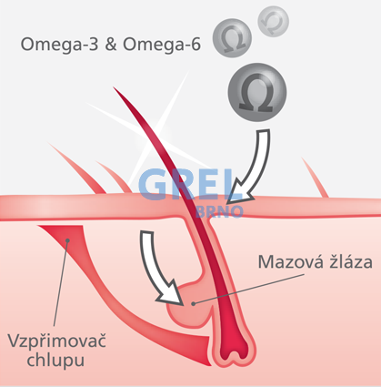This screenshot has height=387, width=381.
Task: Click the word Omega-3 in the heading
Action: point(59,45)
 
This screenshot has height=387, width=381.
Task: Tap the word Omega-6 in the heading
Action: point(162,45)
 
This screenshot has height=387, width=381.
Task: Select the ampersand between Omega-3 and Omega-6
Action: point(111,45)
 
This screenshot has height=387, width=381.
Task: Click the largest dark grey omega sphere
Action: point(257,93)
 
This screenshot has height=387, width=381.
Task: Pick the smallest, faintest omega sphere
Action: point(273,21)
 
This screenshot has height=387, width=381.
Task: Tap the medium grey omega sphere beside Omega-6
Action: point(232,38)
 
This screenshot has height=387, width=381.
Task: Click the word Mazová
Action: point(286,261)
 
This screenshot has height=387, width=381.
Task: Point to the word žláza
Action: point(346,261)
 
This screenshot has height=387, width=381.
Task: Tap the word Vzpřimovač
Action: point(56,341)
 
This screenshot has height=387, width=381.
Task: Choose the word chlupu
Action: point(55,360)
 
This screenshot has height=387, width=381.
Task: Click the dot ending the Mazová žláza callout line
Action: point(193,303)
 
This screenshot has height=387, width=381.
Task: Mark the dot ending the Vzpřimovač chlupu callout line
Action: point(67,240)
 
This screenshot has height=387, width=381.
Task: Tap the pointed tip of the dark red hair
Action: point(114,87)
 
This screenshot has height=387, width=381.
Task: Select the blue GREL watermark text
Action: point(186,184)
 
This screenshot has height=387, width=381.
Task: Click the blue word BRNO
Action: point(219,212)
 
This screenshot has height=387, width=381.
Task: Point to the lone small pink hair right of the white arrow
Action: point(316,178)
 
